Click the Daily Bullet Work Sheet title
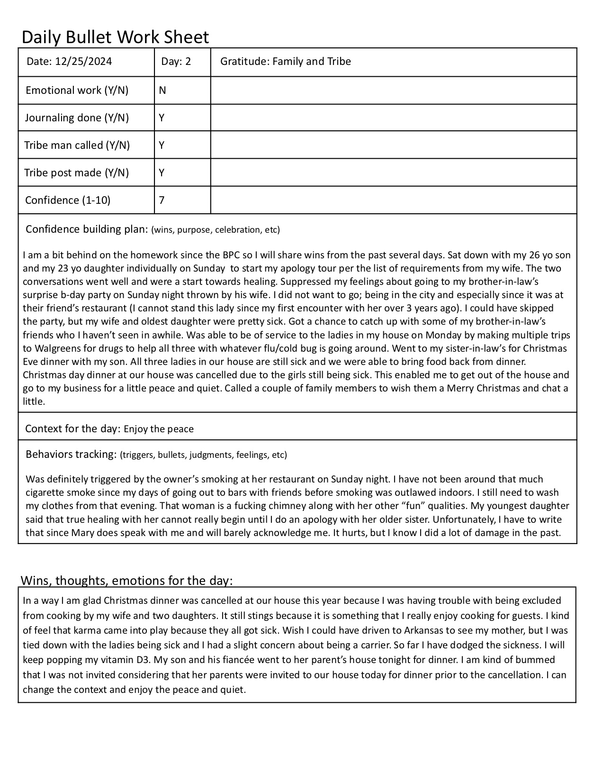(x=115, y=37)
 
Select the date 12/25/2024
(x=83, y=62)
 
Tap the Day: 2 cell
(x=176, y=62)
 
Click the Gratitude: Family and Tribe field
(x=286, y=62)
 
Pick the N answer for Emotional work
(x=162, y=90)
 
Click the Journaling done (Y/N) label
(x=77, y=118)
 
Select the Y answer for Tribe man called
(x=162, y=145)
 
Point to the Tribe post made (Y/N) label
(x=77, y=173)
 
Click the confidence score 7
(x=162, y=200)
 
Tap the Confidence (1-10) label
(x=68, y=200)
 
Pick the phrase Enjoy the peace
(x=159, y=429)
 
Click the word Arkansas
(x=425, y=630)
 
